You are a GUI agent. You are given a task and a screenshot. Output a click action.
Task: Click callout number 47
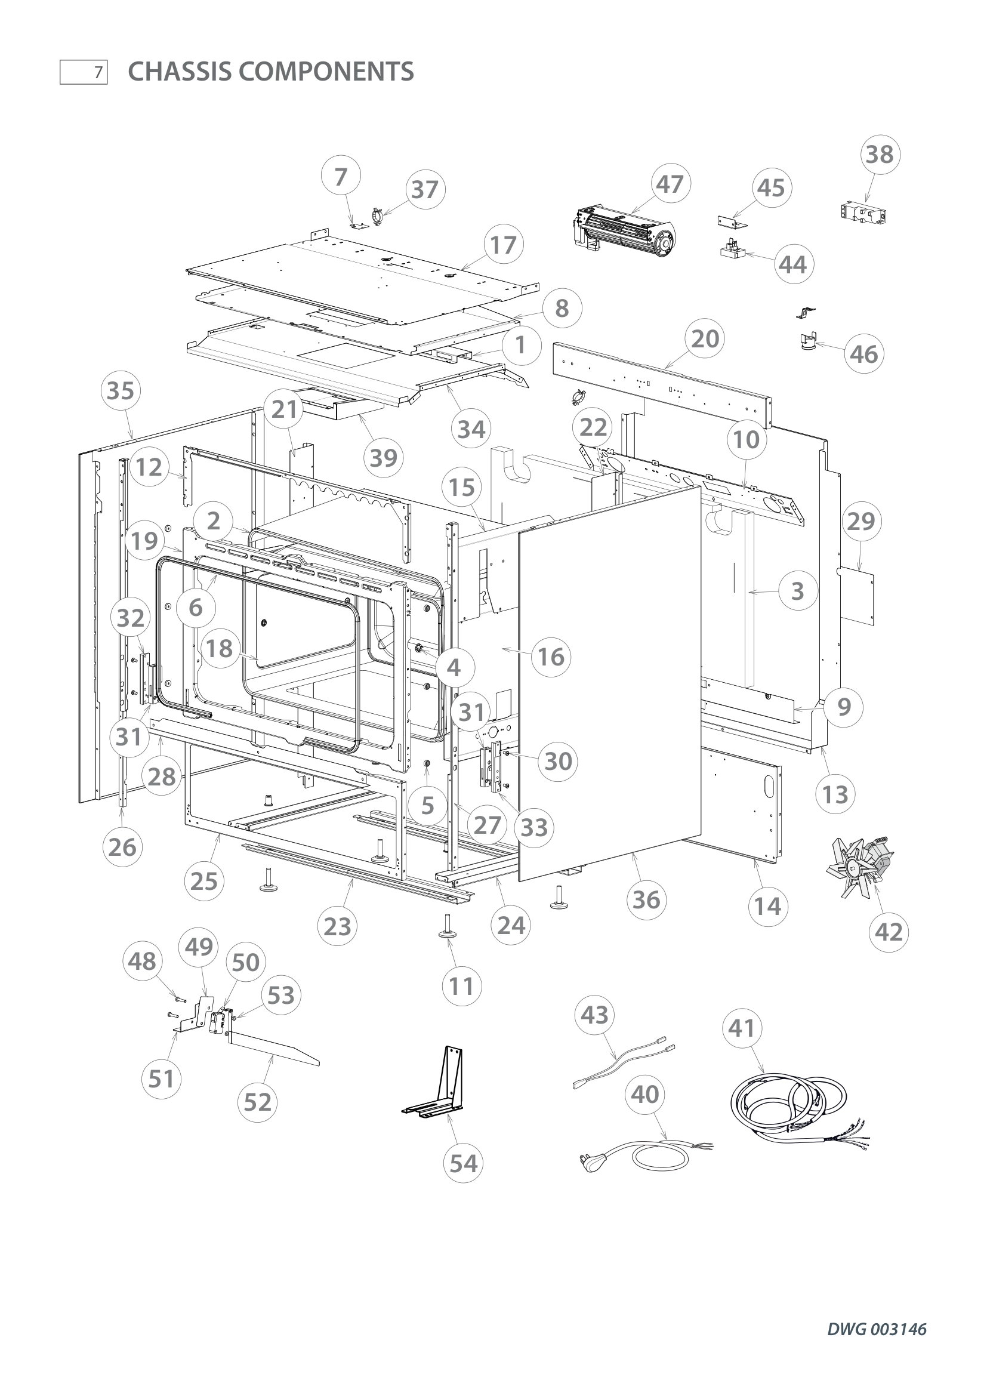(x=670, y=184)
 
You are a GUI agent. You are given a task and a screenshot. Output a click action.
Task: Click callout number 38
(x=880, y=155)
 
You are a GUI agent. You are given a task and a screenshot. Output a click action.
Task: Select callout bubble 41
(x=742, y=1029)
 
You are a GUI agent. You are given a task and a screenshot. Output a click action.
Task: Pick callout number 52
(x=258, y=1102)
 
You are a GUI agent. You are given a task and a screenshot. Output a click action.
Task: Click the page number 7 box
(x=84, y=72)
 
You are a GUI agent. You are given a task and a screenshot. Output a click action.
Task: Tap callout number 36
(x=646, y=899)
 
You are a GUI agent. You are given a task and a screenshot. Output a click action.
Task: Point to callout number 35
(x=121, y=390)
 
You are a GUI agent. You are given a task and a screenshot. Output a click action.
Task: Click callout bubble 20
(x=705, y=338)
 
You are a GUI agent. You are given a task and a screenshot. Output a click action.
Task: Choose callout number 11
(x=461, y=985)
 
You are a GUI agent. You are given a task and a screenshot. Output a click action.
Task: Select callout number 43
(x=594, y=1015)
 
